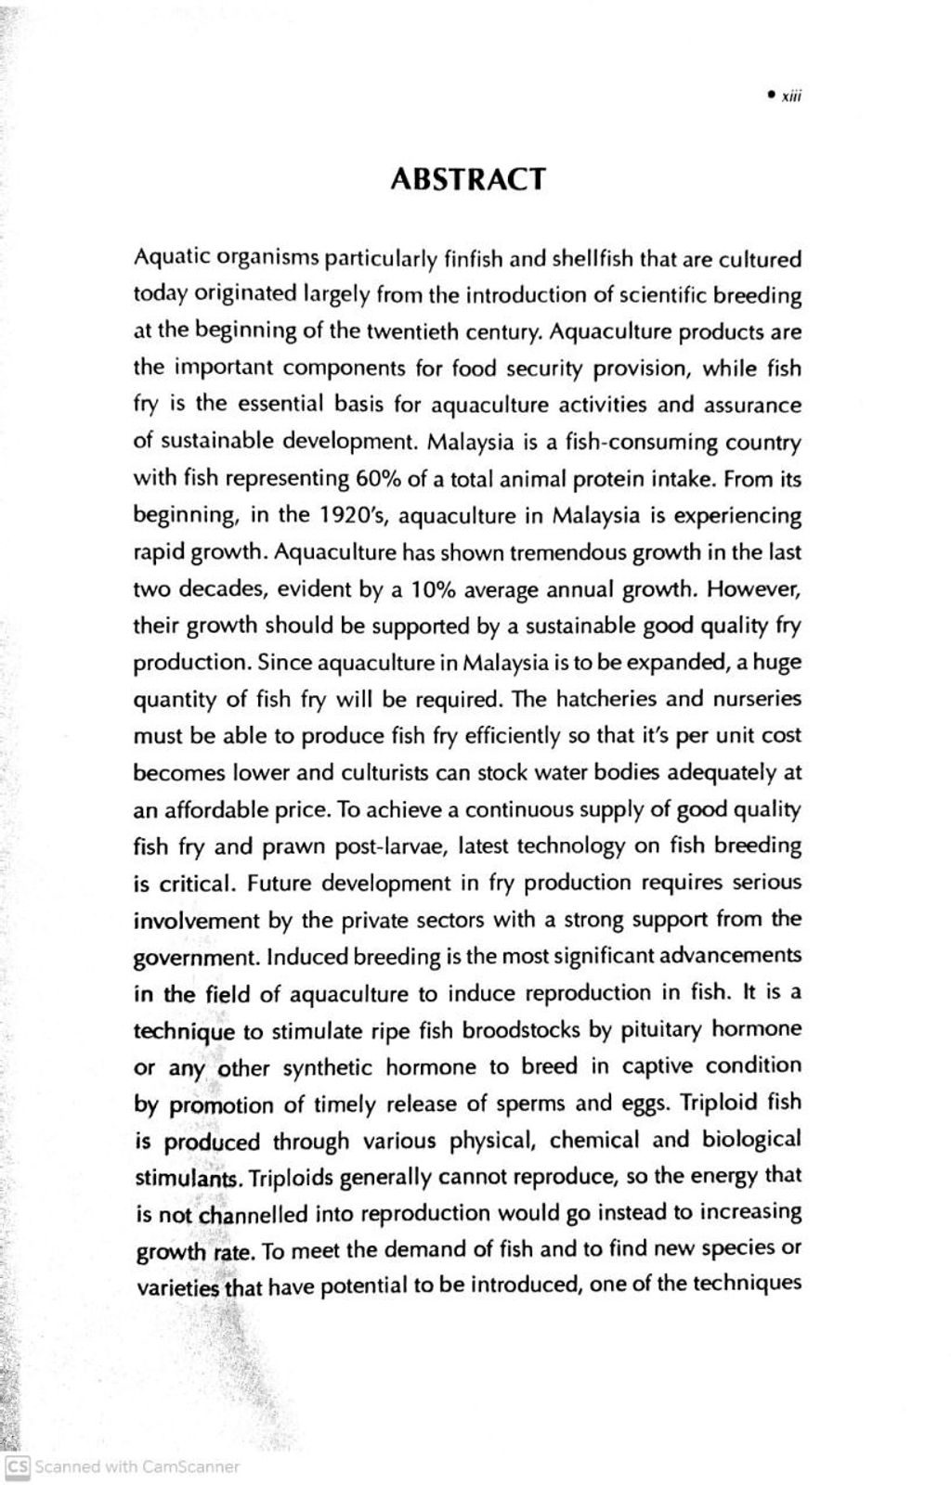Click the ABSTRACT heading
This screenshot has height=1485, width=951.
467,178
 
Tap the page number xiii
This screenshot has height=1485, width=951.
790,96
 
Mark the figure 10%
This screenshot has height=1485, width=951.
432,589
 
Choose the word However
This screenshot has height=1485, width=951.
753,589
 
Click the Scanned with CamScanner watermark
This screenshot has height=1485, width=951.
124,1467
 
